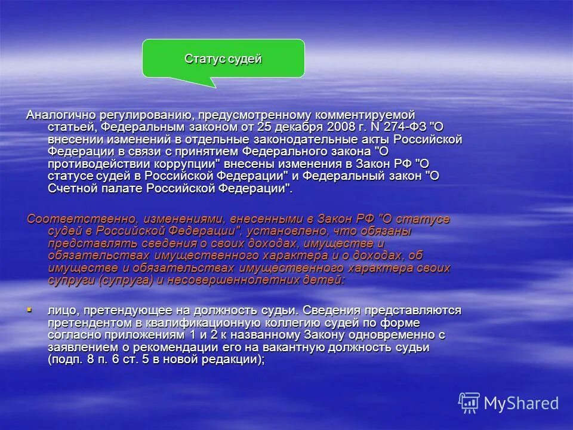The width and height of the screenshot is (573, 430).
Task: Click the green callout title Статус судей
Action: [x=223, y=59]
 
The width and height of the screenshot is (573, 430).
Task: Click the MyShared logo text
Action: [x=521, y=403]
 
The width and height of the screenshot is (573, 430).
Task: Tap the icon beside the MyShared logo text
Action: [x=469, y=403]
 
